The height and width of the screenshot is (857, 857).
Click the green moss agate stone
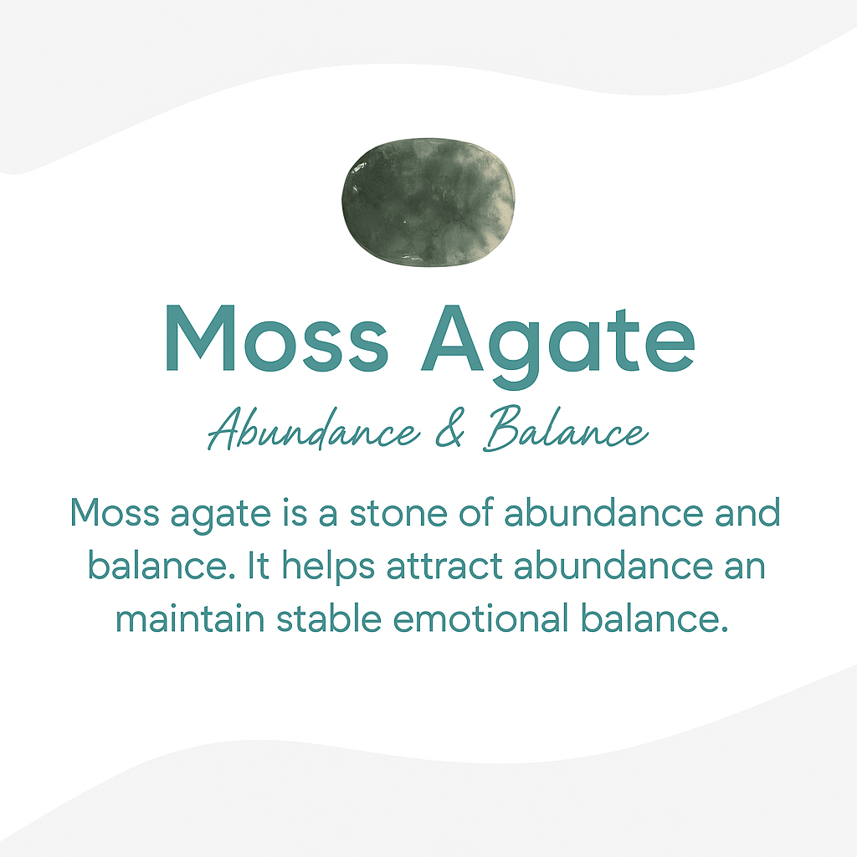click(x=428, y=202)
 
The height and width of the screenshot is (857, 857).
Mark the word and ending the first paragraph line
click(x=747, y=513)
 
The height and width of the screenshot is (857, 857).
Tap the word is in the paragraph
click(x=285, y=513)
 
